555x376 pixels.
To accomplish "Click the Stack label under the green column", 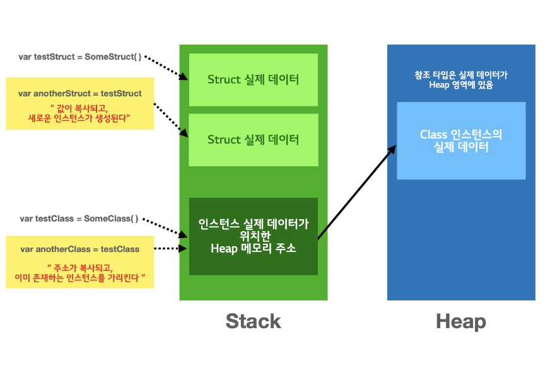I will pos(253,322).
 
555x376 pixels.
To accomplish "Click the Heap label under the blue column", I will pos(460,322).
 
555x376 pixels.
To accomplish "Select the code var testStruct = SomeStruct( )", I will pos(80,57).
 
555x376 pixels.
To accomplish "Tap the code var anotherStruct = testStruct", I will pos(80,93).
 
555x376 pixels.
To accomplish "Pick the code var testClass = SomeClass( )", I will pos(79,219).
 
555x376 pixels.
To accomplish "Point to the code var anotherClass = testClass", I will pos(79,249).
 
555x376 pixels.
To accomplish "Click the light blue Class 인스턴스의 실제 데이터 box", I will pos(460,140).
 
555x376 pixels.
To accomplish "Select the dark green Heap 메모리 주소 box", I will pos(254,236).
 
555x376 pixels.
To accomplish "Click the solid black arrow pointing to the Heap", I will pos(356,193).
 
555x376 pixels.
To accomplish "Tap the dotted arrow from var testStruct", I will pos(166,67).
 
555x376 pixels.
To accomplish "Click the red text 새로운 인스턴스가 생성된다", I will pos(80,118).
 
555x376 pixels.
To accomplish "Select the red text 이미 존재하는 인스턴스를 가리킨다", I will pos(80,277).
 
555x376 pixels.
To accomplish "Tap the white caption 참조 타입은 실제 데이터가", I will pos(460,74).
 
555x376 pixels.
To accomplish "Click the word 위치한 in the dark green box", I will pos(253,236).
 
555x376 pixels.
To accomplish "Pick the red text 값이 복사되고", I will pos(80,106).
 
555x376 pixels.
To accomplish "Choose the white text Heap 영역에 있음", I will pos(460,85).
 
